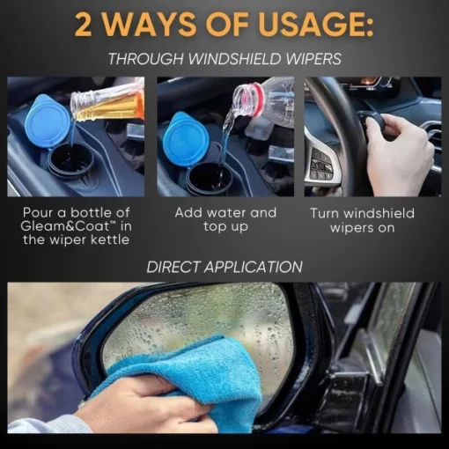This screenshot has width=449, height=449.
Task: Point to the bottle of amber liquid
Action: point(107,105)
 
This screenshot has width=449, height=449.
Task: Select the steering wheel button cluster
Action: point(320,166)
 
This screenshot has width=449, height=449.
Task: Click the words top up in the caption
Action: point(225,227)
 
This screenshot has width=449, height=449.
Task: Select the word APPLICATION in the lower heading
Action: point(254,267)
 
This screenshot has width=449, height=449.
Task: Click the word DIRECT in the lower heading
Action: point(173,267)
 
